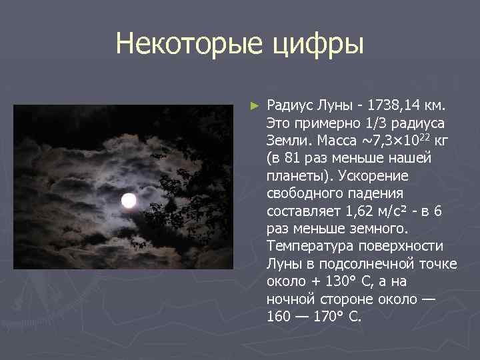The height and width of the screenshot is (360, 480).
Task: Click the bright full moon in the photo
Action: tap(129, 200)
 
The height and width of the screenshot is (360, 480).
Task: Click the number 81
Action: tap(289, 159)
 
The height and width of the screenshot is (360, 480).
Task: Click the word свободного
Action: tap(303, 193)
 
